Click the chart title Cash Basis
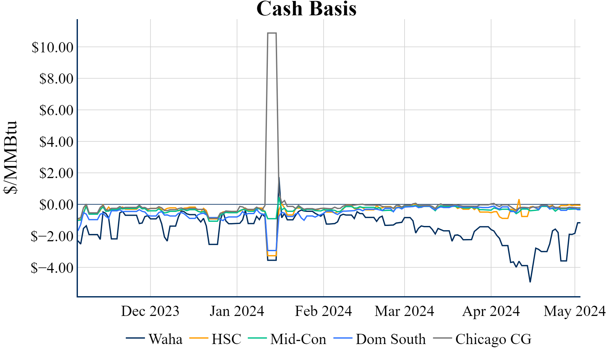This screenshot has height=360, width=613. pyautogui.click(x=306, y=9)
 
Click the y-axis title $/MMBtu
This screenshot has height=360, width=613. pyautogui.click(x=10, y=157)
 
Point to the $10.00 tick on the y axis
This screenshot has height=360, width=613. pyautogui.click(x=52, y=47)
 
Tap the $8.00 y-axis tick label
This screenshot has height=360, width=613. pyautogui.click(x=56, y=79)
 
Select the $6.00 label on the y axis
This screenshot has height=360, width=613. pyautogui.click(x=56, y=110)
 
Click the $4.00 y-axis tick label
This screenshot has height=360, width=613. pyautogui.click(x=56, y=141)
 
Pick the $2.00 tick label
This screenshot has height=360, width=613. pyautogui.click(x=56, y=173)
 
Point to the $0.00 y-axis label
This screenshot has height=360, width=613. pyautogui.click(x=56, y=205)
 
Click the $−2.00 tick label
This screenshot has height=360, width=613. pyautogui.click(x=52, y=236)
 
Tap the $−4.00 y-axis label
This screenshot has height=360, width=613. pyautogui.click(x=52, y=268)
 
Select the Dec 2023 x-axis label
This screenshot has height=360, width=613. pyautogui.click(x=150, y=311)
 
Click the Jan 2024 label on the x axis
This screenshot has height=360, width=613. pyautogui.click(x=237, y=311)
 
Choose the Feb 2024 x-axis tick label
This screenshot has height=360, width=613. pyautogui.click(x=323, y=311)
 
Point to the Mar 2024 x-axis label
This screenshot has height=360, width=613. pyautogui.click(x=405, y=311)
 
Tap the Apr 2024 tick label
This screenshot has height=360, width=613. pyautogui.click(x=491, y=311)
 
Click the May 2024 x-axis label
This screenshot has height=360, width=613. pyautogui.click(x=575, y=311)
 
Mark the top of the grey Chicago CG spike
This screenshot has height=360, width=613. pyautogui.click(x=272, y=33)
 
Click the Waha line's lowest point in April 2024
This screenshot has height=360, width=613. pyautogui.click(x=530, y=282)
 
